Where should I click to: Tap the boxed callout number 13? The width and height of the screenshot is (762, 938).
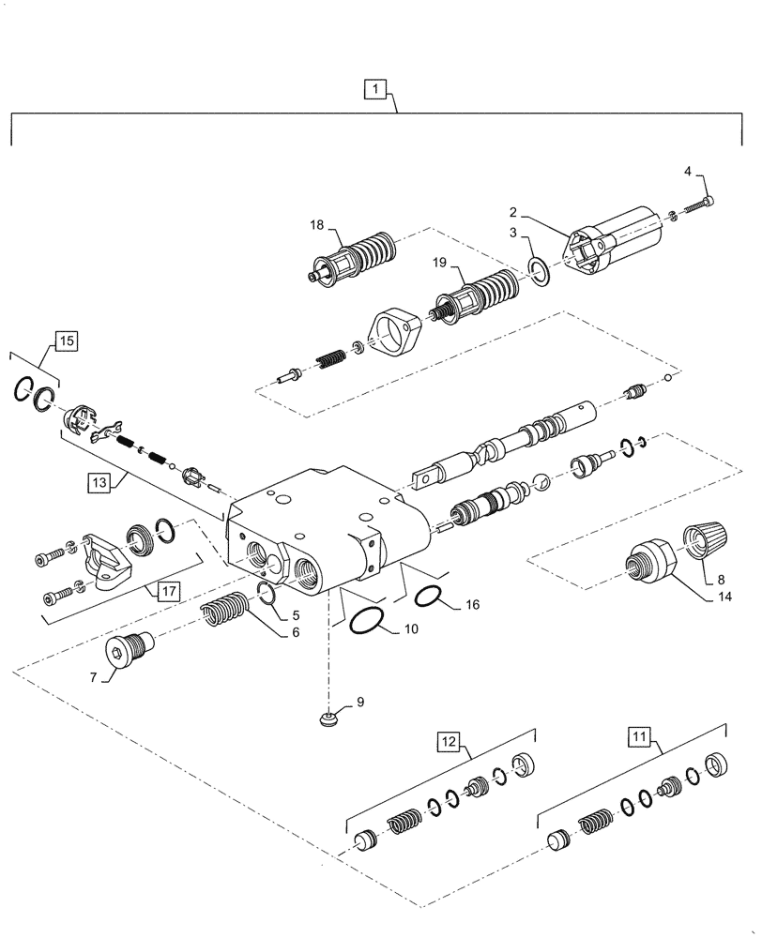tap(99, 483)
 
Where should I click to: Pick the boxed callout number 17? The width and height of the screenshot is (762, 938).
tap(168, 592)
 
